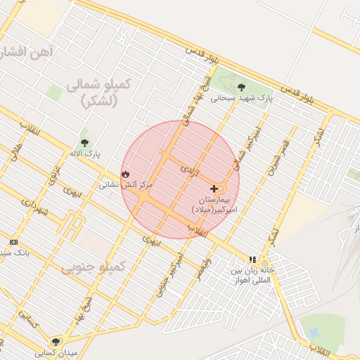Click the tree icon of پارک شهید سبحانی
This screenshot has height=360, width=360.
241,87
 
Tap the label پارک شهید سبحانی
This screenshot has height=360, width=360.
240,98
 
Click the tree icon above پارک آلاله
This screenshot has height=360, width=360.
84,141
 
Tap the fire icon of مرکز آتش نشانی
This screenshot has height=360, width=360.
125,173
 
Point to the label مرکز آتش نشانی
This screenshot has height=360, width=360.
116,184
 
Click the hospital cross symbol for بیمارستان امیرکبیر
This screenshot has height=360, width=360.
214,188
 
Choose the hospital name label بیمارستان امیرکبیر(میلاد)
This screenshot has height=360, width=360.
214,205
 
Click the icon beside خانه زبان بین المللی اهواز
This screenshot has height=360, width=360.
252,259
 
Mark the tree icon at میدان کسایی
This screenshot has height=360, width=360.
56,342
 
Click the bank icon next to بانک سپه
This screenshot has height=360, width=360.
13,242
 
